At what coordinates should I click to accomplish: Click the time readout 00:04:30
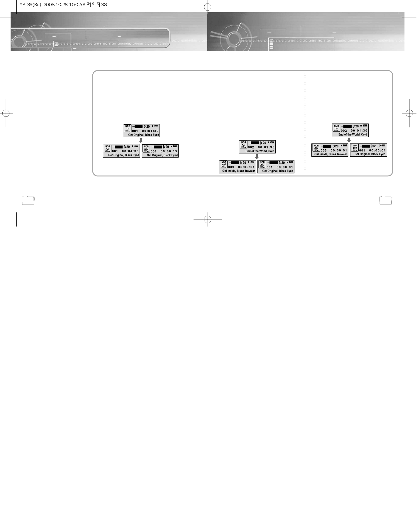[x=130, y=151]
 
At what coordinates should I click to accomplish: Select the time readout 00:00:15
[x=169, y=151]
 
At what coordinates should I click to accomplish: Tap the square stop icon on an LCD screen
[x=361, y=126]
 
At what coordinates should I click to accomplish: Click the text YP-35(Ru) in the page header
[x=30, y=5]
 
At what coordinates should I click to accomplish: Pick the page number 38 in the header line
[x=104, y=5]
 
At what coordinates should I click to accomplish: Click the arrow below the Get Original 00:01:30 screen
[x=141, y=141]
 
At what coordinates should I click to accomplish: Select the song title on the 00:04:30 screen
[x=123, y=155]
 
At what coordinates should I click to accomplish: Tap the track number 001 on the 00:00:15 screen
[x=154, y=151]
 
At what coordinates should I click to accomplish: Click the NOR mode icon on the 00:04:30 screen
[x=108, y=148]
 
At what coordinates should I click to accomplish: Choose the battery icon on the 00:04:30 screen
[x=136, y=146]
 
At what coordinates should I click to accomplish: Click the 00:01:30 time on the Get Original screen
[x=150, y=131]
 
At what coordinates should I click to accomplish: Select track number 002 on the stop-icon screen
[x=344, y=131]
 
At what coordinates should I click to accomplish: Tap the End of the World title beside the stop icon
[x=352, y=135]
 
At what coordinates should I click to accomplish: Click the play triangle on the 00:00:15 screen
[x=171, y=146]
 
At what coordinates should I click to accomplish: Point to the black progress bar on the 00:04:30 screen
[x=119, y=147]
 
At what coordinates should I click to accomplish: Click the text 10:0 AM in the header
[x=77, y=5]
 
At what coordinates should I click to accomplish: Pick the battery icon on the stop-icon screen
[x=365, y=126]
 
